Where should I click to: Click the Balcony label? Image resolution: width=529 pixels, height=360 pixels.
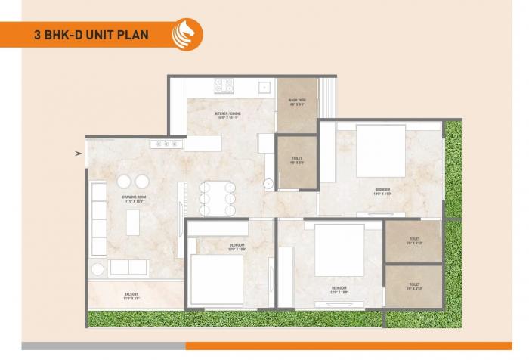pyautogui.click(x=132, y=296)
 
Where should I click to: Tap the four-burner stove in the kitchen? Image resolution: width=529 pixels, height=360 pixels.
pyautogui.click(x=224, y=85)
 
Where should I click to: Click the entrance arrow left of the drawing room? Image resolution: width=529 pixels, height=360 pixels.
pyautogui.click(x=79, y=153)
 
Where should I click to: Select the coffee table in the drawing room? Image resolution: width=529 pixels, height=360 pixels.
pyautogui.click(x=134, y=222)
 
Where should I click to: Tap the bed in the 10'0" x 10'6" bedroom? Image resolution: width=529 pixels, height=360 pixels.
pyautogui.click(x=216, y=275)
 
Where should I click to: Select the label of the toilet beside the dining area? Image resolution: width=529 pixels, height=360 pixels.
pyautogui.click(x=296, y=160)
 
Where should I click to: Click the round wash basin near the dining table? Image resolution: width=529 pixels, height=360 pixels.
pyautogui.click(x=268, y=183)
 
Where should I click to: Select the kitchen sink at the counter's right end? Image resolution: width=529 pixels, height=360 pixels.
pyautogui.click(x=264, y=85)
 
